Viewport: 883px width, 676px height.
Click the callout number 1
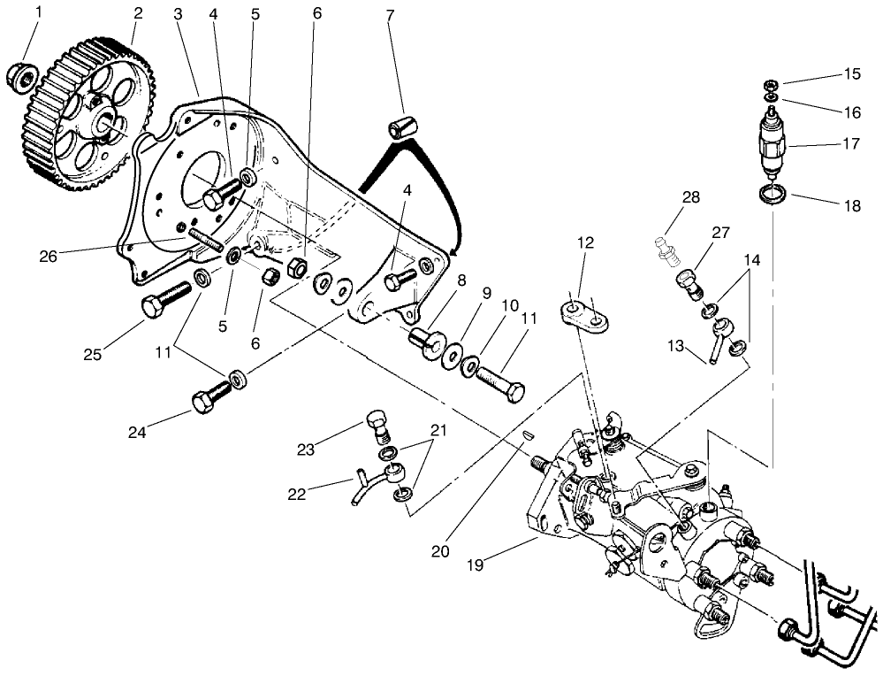click(x=37, y=13)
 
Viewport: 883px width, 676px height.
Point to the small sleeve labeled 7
click(x=401, y=126)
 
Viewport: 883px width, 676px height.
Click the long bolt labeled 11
click(x=500, y=380)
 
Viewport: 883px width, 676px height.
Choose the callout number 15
click(x=851, y=74)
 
